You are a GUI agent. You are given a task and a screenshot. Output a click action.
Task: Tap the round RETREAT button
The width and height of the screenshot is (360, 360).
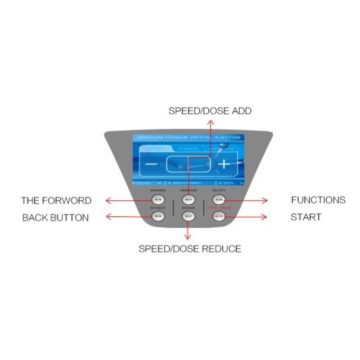[157, 216]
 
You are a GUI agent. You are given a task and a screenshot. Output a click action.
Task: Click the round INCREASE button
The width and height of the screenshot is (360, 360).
[188, 199]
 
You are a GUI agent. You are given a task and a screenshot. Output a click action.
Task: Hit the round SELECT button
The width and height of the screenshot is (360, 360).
[219, 199]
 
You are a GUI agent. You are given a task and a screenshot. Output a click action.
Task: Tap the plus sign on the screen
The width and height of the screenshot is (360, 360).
[224, 164]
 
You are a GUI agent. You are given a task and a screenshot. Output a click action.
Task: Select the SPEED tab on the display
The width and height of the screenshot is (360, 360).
[156, 148]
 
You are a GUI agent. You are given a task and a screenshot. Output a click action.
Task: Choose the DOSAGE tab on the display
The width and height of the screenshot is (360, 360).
[188, 148]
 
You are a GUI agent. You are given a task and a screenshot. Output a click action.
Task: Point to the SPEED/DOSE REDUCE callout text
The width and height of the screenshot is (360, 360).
[189, 249]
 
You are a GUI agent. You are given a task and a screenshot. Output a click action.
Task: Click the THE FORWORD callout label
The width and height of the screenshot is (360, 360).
[56, 200]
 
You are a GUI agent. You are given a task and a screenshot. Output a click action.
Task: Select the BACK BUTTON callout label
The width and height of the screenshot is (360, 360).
[55, 218]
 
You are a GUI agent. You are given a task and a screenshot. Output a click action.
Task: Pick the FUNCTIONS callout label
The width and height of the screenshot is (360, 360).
[318, 200]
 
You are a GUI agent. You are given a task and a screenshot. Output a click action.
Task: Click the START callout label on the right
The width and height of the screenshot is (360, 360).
[306, 217]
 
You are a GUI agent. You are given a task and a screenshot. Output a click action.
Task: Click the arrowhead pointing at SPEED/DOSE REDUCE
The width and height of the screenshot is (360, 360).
[188, 237]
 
